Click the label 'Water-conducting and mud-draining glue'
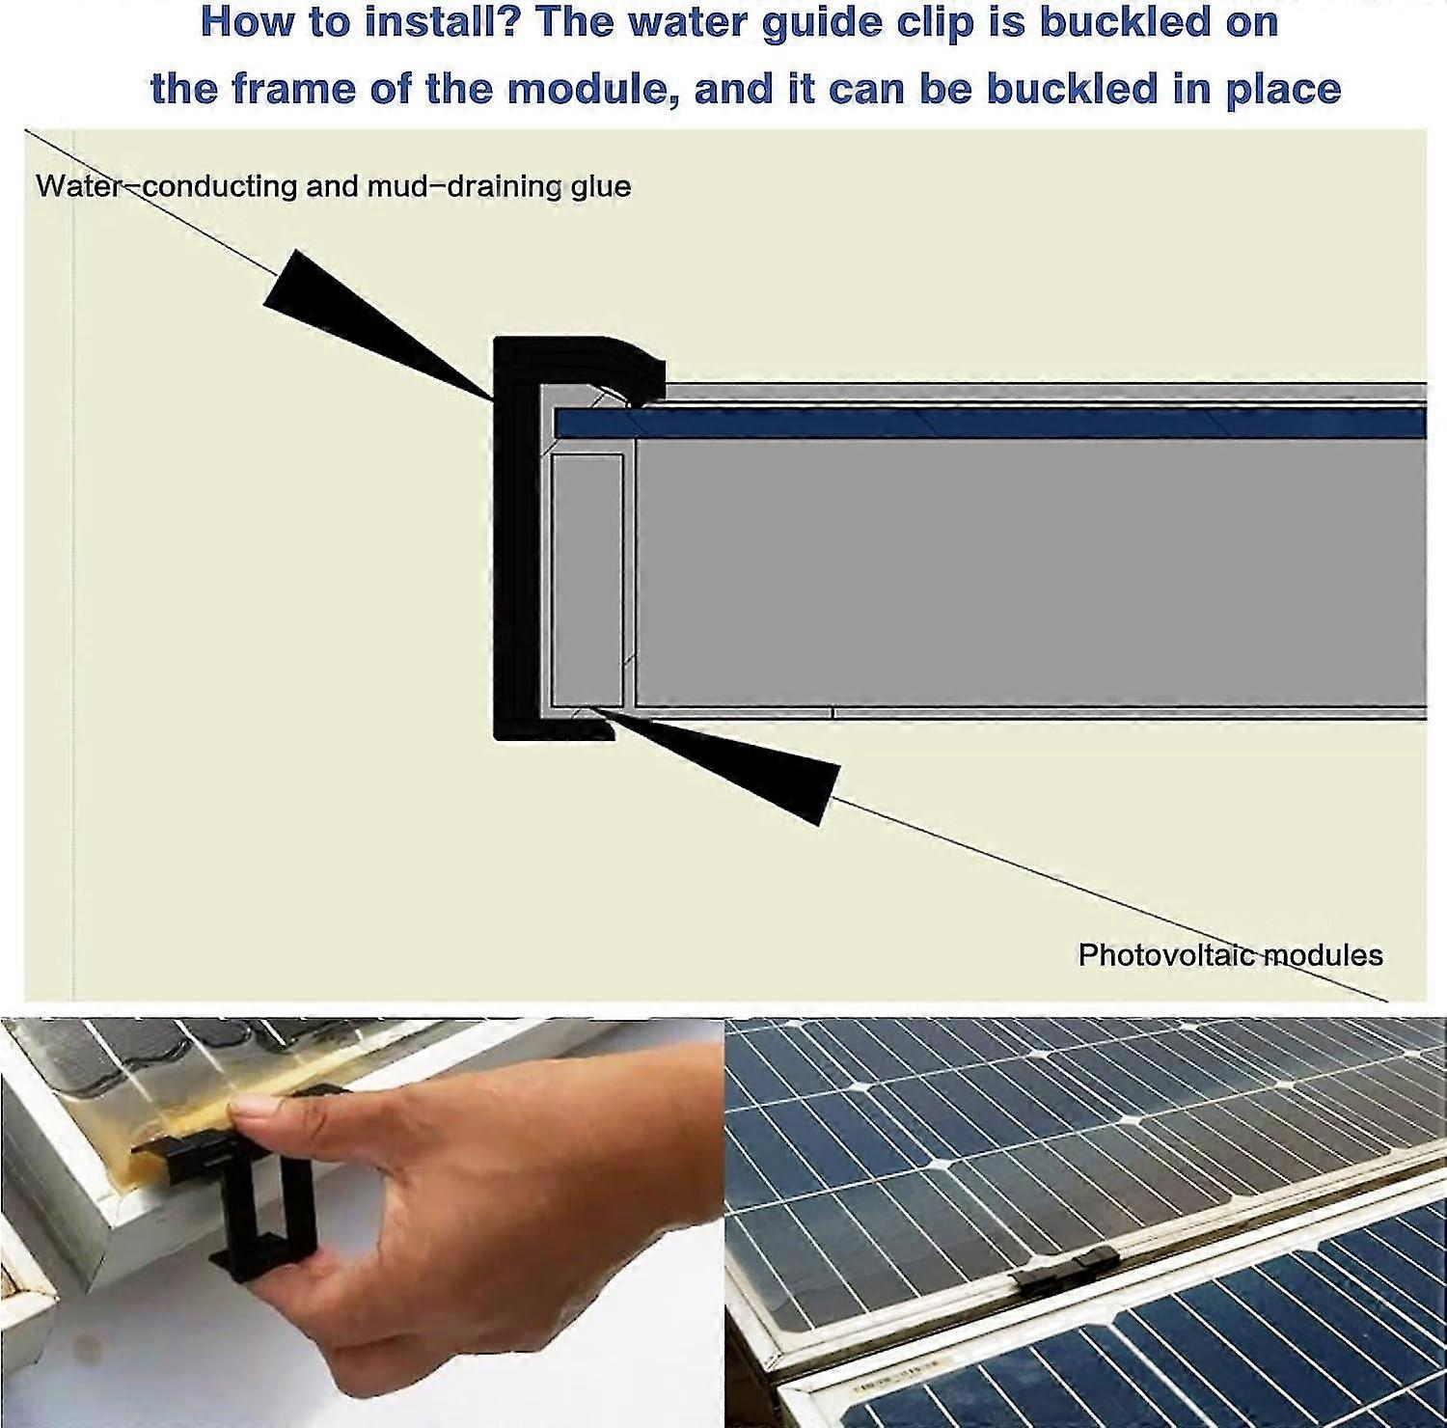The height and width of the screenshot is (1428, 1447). pos(333,185)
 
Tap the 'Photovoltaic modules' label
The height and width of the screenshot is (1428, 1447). pos(1230,955)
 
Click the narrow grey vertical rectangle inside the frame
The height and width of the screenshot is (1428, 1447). pos(587,579)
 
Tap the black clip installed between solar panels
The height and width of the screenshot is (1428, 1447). pos(1066,1269)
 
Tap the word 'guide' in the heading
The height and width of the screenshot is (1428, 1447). pos(821,23)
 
